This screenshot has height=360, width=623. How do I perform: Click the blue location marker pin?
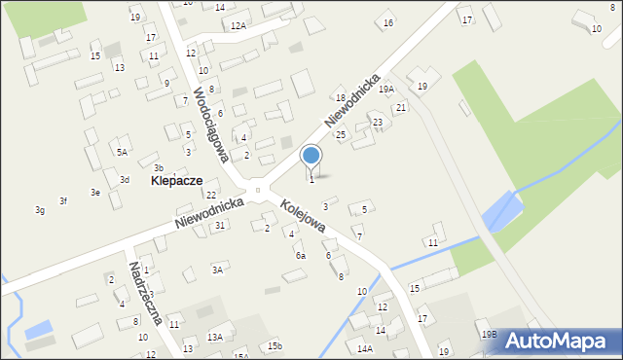(x=311, y=156)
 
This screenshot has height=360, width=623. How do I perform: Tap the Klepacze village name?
(x=177, y=181)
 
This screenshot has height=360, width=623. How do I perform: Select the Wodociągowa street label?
(x=210, y=125)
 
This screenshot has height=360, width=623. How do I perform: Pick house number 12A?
(x=238, y=26)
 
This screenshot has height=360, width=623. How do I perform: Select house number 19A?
(x=386, y=89)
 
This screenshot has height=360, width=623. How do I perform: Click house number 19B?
(x=489, y=334)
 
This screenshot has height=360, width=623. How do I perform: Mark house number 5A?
(x=122, y=152)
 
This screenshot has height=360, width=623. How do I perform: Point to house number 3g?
(x=40, y=210)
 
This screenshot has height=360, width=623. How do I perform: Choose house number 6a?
(x=301, y=255)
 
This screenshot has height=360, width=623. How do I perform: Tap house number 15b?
(x=275, y=346)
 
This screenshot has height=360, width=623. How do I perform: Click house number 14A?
(x=365, y=347)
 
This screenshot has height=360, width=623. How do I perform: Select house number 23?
(x=378, y=122)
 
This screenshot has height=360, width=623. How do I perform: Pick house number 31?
(x=221, y=226)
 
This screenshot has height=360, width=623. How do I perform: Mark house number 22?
(x=211, y=196)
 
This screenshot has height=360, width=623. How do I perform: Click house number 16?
(x=388, y=22)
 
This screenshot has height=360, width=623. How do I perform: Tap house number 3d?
(x=125, y=180)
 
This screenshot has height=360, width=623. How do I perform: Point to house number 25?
(x=341, y=134)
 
